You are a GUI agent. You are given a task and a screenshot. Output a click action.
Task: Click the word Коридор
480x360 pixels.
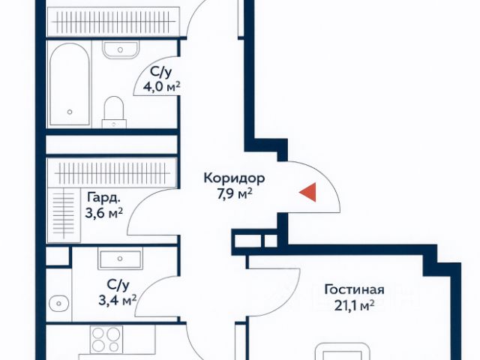[234, 179]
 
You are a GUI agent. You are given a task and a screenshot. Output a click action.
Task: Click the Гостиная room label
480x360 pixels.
[354, 290]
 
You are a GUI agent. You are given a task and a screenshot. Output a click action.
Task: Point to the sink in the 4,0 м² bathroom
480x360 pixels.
[121, 49]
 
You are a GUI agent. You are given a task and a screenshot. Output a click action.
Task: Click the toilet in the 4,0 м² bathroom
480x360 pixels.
[114, 109]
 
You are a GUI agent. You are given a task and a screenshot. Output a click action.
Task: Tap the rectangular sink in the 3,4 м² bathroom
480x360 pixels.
[120, 259]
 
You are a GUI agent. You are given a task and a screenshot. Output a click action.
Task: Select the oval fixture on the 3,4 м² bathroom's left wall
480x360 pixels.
[59, 304]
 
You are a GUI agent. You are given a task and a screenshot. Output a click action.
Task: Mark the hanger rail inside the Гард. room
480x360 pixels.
[112, 169]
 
